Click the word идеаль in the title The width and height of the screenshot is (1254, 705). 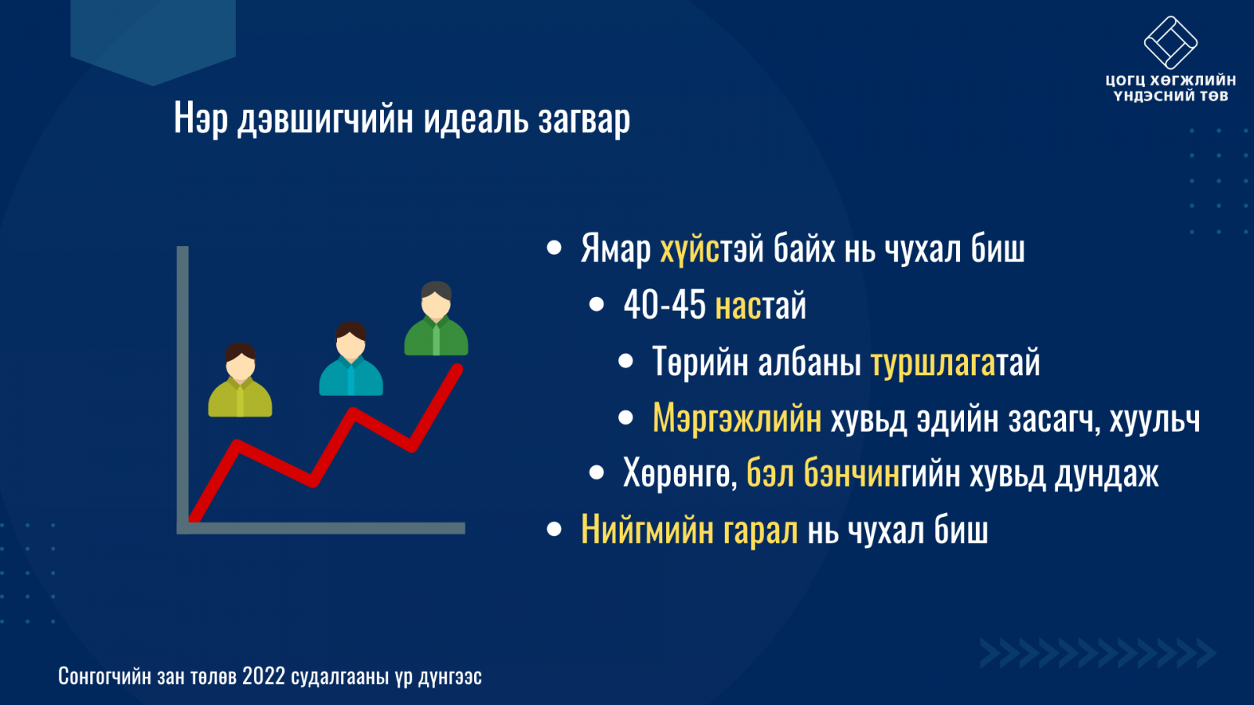tap(476, 118)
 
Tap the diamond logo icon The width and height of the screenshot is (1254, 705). tap(1171, 42)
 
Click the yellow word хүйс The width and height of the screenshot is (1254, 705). tap(689, 249)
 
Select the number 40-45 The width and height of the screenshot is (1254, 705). tap(665, 305)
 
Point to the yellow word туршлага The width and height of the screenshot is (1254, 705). tap(933, 363)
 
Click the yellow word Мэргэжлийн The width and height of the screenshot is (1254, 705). tap(738, 418)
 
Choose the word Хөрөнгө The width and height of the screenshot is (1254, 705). tap(680, 473)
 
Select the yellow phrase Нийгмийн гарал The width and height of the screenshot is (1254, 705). tap(689, 530)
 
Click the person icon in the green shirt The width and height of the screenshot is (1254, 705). tap(436, 318)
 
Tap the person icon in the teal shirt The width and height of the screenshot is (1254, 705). tap(351, 359)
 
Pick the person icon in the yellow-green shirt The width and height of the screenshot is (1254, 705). tap(240, 380)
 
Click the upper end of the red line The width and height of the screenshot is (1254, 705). tap(458, 369)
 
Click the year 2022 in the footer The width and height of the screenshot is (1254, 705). tap(263, 677)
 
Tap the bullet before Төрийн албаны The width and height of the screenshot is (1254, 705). tap(625, 361)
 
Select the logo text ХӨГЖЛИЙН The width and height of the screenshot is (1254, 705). tap(1196, 80)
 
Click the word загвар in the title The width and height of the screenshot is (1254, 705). tap(584, 120)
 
